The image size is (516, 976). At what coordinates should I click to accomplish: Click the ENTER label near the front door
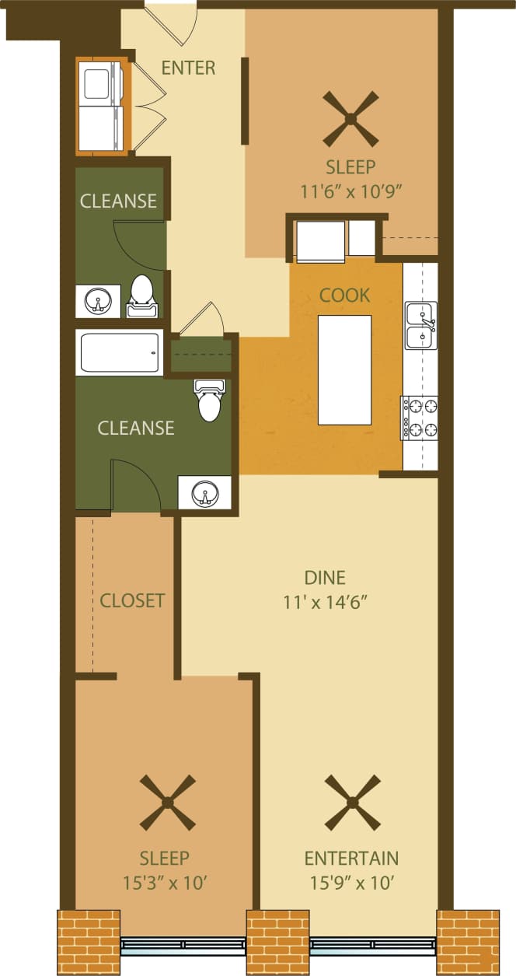[188, 68]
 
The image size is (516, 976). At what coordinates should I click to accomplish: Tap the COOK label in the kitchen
[345, 296]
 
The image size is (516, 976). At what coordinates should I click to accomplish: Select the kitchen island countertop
[344, 369]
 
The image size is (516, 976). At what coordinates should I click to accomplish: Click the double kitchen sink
[421, 325]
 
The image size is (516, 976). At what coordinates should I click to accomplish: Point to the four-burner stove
[420, 417]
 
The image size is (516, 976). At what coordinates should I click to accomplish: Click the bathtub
[119, 352]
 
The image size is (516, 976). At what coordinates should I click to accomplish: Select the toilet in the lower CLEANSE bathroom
[209, 401]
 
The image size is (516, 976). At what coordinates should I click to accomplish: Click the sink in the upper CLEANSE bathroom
[98, 300]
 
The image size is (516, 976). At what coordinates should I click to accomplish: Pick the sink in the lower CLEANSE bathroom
[204, 492]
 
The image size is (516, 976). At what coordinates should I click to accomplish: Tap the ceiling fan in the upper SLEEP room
[350, 119]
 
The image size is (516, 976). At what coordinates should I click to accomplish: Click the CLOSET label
[132, 600]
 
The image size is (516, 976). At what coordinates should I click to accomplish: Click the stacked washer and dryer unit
[101, 105]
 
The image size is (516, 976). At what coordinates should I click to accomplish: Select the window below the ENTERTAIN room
[373, 946]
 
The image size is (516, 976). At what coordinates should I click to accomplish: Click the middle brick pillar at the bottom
[277, 941]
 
